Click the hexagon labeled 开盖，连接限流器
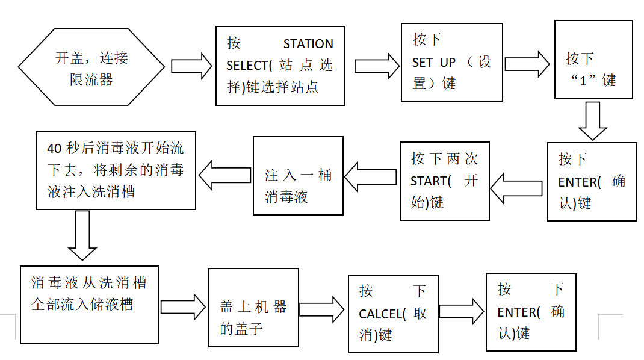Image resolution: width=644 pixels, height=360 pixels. pyautogui.click(x=91, y=68)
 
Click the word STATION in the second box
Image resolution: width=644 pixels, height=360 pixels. pyautogui.click(x=308, y=44)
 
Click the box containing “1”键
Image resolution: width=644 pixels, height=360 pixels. pyautogui.click(x=593, y=59)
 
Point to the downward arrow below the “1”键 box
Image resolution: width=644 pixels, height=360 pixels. pyautogui.click(x=593, y=121)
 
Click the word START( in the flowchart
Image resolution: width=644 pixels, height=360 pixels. pyautogui.click(x=431, y=181)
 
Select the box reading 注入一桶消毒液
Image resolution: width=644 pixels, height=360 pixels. pyautogui.click(x=298, y=176)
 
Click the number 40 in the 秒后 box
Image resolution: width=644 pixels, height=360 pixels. pyautogui.click(x=54, y=148)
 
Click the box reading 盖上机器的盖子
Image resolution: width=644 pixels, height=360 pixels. pyautogui.click(x=253, y=307)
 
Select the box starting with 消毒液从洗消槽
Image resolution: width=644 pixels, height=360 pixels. pyautogui.click(x=89, y=304)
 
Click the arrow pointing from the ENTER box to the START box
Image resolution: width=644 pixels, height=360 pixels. pyautogui.click(x=518, y=188)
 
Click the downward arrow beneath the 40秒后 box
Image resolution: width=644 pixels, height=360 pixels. pyautogui.click(x=82, y=235)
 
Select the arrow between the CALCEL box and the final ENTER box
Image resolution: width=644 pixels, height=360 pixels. pyautogui.click(x=461, y=311)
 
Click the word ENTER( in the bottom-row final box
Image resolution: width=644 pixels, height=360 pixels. pyautogui.click(x=519, y=312)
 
